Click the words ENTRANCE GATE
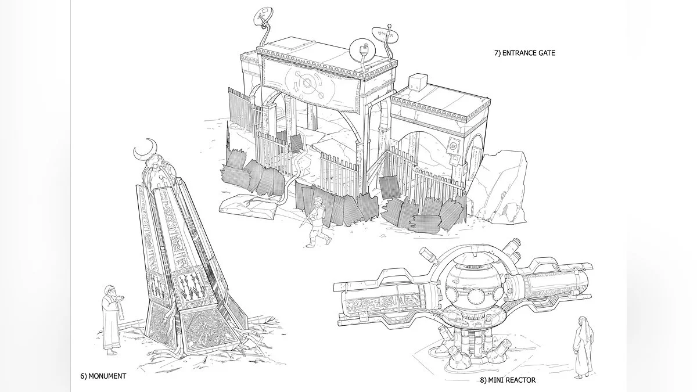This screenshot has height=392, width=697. click(529, 53)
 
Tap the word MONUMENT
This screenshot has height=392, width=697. click(107, 376)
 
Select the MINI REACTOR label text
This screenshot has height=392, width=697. click(512, 380)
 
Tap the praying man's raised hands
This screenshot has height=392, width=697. click(121, 299)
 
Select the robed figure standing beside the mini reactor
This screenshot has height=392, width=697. click(582, 347)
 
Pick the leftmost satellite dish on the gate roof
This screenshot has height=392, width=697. click(263, 16)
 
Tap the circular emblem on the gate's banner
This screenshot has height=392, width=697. click(307, 83)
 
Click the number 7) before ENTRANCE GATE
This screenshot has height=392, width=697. click(498, 53)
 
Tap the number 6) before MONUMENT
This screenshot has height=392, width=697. click(84, 376)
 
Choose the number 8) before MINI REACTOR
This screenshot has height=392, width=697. click(483, 380)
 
